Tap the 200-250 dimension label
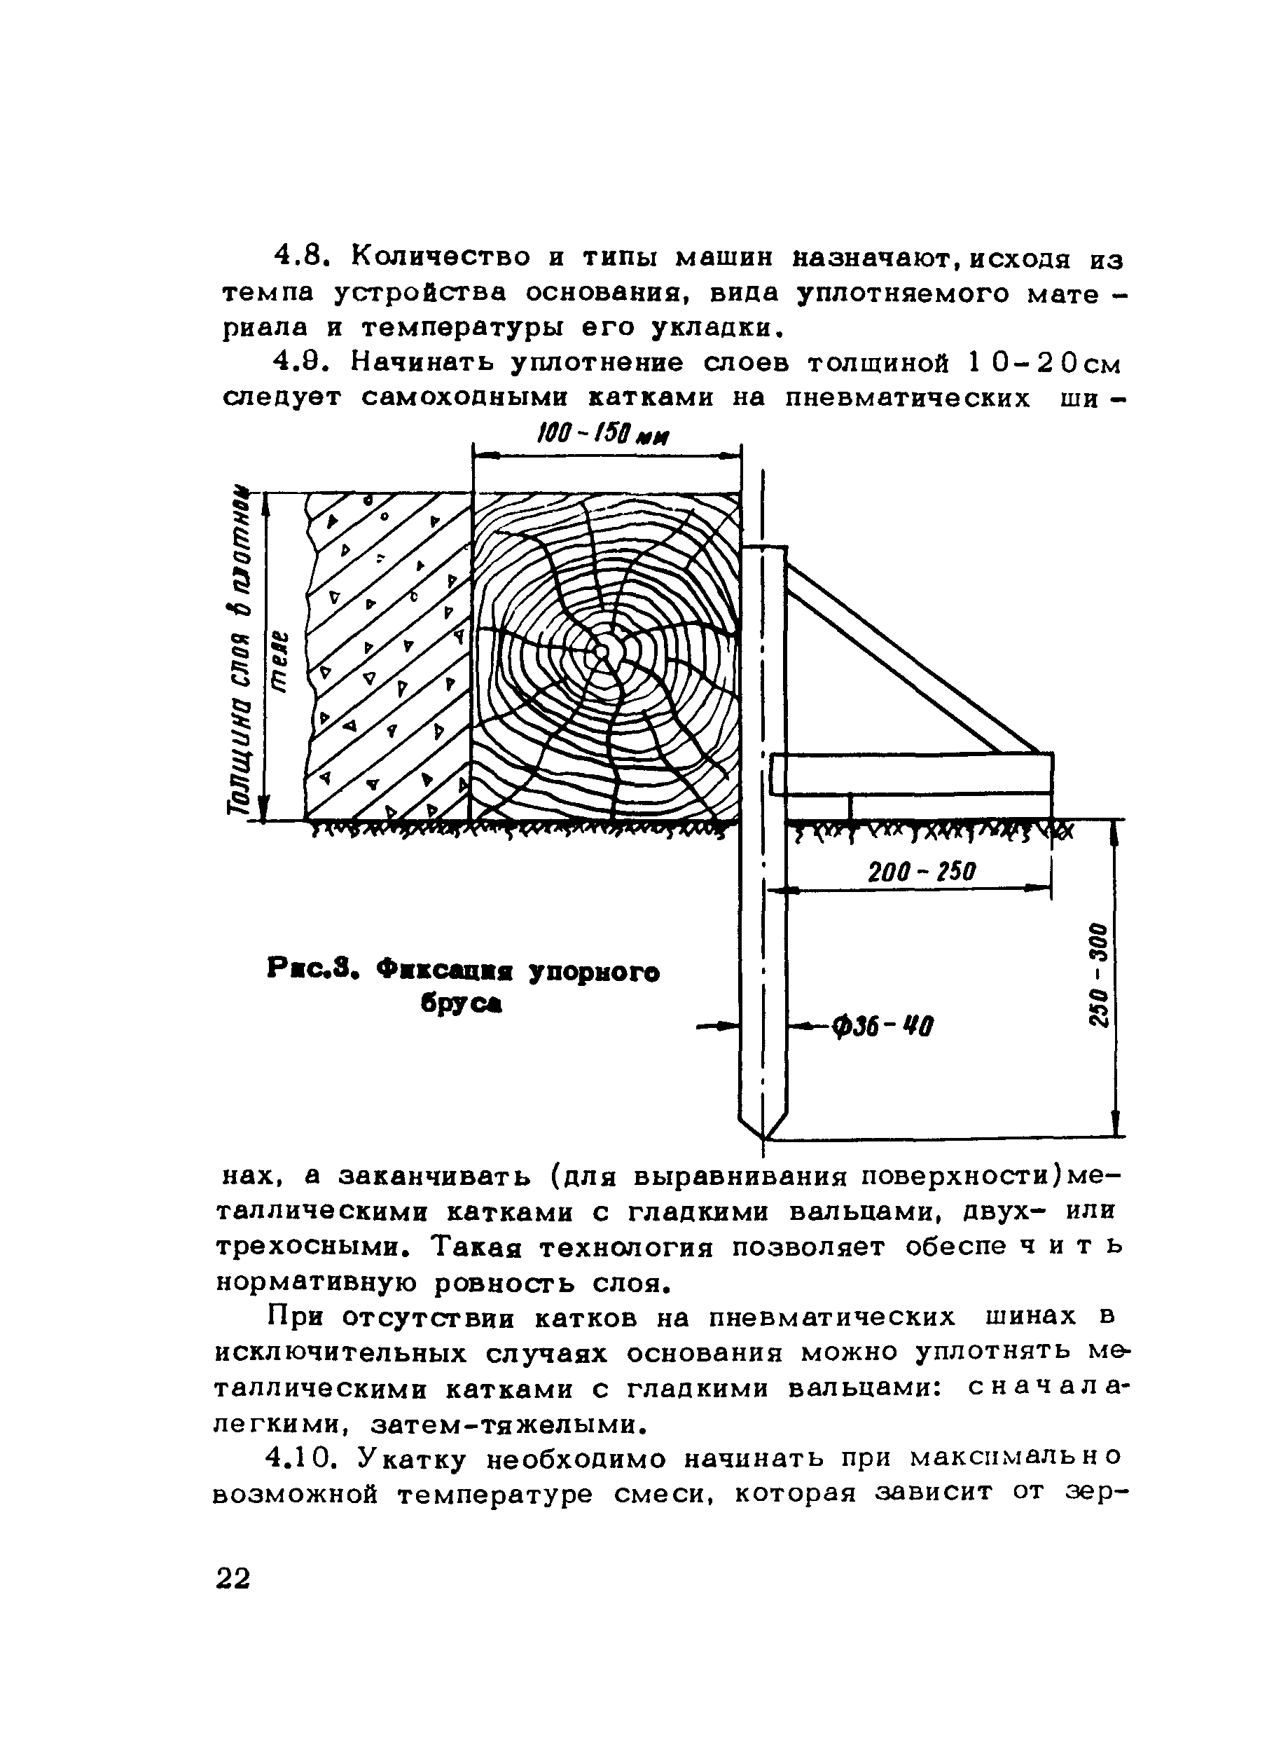coord(922,872)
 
